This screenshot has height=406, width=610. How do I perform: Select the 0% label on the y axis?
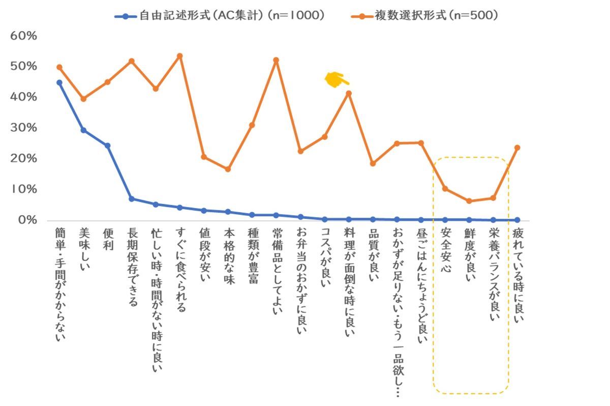(27, 220)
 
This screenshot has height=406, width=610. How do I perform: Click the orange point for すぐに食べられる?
(179, 56)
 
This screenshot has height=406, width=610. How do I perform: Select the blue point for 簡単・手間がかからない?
(59, 82)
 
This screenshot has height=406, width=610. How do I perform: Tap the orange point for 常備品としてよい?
(276, 60)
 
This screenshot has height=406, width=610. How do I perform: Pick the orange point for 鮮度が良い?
(469, 201)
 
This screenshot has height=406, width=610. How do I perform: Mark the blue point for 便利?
(107, 146)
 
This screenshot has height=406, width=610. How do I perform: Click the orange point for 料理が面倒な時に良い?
(349, 93)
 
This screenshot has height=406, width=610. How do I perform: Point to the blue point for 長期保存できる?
(131, 199)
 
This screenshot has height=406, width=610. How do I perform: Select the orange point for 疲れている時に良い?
(517, 148)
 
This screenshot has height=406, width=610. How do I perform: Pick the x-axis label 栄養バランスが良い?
(493, 275)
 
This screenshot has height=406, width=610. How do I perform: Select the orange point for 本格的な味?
(228, 169)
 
